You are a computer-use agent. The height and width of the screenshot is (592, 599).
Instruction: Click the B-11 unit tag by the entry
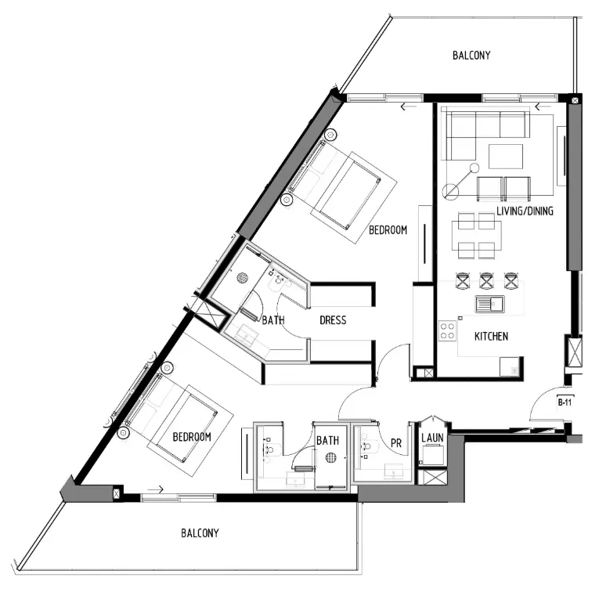click(565, 402)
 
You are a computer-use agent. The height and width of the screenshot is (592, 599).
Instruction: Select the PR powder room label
click(395, 442)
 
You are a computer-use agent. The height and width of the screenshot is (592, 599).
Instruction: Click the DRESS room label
click(333, 320)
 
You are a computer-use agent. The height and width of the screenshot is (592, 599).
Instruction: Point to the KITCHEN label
click(492, 337)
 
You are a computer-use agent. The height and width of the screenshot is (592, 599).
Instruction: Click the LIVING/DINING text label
click(525, 211)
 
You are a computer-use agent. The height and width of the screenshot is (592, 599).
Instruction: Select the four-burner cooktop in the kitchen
click(447, 331)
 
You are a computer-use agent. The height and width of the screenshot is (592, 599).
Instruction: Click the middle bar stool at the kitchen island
click(486, 280)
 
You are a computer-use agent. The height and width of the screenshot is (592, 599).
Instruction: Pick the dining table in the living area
click(476, 237)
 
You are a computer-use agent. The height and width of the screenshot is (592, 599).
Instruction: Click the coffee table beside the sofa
click(506, 157)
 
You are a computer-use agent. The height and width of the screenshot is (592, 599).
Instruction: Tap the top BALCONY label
click(471, 56)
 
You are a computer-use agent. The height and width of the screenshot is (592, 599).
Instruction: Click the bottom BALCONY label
click(200, 533)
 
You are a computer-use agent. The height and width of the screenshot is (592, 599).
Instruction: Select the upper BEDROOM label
click(388, 230)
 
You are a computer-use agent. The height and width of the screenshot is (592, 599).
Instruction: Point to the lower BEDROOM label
click(193, 436)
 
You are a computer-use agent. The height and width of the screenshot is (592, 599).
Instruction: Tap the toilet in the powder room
click(365, 449)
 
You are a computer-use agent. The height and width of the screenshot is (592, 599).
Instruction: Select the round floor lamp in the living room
click(449, 190)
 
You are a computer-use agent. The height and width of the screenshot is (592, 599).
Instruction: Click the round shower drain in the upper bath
click(243, 277)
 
